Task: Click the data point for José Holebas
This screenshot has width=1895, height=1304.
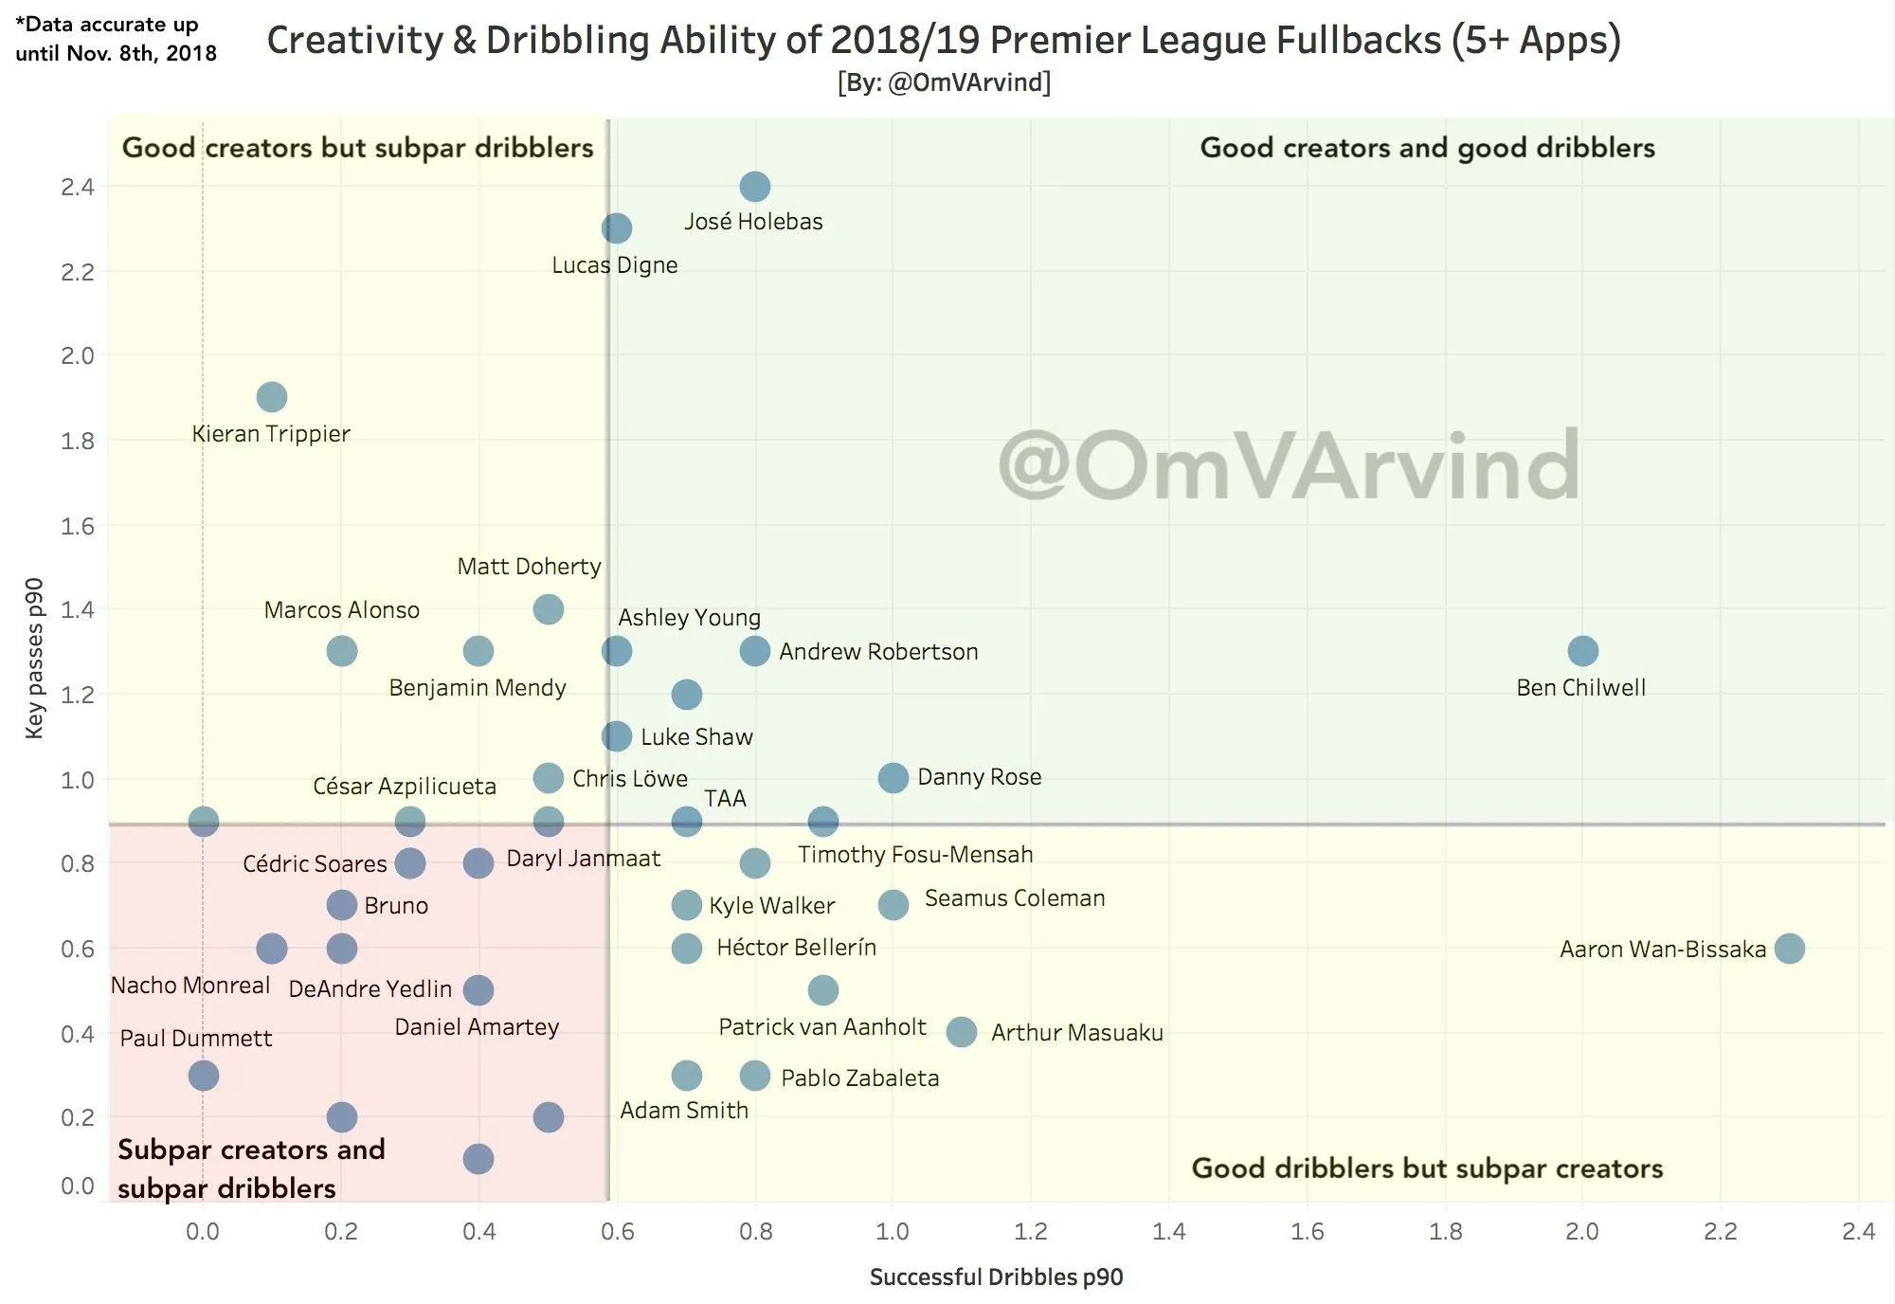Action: point(754,187)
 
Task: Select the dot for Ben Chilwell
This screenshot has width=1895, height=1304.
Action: point(1582,651)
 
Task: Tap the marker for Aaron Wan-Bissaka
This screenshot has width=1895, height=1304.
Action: point(1789,948)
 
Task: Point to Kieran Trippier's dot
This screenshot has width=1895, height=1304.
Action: point(272,397)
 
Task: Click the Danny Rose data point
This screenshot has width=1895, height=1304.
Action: point(893,778)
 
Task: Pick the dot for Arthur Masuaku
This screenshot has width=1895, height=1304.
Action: point(962,1032)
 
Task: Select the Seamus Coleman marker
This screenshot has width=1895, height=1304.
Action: point(893,905)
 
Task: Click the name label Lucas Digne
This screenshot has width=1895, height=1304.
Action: point(615,265)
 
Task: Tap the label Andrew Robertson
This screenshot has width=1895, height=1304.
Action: point(878,652)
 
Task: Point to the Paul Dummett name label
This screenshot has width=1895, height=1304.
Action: point(196,1039)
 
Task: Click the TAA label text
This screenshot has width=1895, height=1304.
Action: point(725,799)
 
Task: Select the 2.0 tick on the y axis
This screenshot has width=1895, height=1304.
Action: point(78,356)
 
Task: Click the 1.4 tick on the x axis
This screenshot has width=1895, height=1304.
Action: point(1169,1231)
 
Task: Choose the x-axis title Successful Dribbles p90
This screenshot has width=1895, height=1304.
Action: point(996,1277)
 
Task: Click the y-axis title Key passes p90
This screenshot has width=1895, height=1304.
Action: point(34,658)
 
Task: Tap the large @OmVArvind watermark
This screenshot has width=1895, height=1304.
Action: point(1289,465)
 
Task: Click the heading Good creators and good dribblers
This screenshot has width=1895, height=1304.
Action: point(1427,148)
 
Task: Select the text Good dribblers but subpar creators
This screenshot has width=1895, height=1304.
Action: point(1427,1168)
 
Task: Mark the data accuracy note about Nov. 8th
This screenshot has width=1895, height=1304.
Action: point(116,39)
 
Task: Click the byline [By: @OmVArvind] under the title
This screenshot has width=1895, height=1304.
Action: point(944,83)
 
